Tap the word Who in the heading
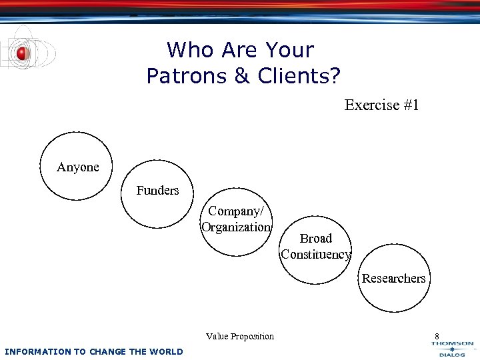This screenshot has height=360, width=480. click(x=189, y=50)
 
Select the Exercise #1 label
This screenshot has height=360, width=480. click(x=381, y=105)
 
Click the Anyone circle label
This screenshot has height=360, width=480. click(x=78, y=167)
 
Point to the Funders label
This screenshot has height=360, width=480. click(x=157, y=191)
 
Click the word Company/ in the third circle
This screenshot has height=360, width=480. click(x=236, y=211)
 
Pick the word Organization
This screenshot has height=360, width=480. click(x=236, y=227)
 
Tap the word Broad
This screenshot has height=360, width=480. click(x=315, y=238)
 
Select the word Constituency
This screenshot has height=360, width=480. click(x=315, y=254)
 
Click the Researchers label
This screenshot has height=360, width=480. click(x=393, y=278)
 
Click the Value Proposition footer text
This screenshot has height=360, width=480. click(x=240, y=336)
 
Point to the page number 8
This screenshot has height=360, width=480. click(x=437, y=336)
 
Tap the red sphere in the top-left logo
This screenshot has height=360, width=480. click(x=23, y=53)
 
